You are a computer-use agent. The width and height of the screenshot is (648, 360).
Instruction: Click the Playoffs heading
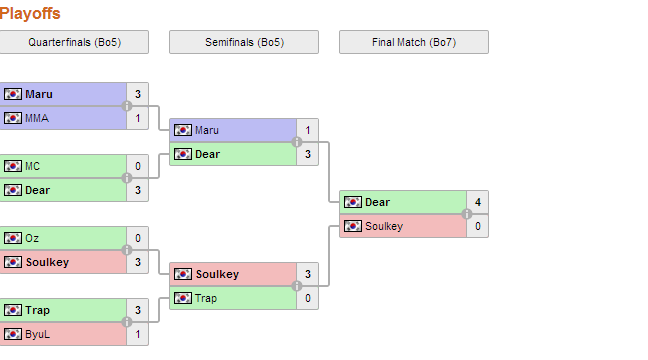click(30, 14)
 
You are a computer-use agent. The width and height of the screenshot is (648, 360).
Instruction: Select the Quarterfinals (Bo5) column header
click(74, 42)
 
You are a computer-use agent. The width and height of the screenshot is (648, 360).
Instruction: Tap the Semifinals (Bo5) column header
click(244, 42)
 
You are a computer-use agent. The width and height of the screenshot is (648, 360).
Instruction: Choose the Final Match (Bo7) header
click(414, 42)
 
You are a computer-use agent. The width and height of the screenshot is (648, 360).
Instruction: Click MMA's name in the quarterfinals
click(37, 118)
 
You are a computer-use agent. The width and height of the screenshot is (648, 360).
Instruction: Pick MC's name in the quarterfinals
click(32, 166)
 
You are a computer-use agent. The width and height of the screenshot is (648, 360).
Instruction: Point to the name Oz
click(32, 238)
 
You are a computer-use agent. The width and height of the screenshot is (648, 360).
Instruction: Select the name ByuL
click(37, 334)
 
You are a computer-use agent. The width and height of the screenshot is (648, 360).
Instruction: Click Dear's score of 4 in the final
click(478, 202)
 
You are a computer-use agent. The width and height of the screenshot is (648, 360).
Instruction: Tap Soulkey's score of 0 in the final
click(478, 226)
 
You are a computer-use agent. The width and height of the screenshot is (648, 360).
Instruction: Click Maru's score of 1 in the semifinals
click(307, 130)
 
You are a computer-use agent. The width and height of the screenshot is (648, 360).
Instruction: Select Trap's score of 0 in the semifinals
click(307, 298)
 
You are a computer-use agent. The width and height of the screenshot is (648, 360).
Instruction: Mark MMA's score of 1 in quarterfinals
click(138, 118)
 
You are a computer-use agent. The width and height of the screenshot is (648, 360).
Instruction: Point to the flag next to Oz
click(13, 238)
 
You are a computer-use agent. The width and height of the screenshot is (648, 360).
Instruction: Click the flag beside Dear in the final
click(353, 202)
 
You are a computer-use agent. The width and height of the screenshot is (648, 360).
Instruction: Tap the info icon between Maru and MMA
click(127, 106)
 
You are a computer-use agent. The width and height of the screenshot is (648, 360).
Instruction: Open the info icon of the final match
click(467, 214)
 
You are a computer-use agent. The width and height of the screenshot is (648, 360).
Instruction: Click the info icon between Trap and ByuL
click(127, 322)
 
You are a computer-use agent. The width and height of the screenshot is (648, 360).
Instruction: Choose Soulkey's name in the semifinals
click(217, 274)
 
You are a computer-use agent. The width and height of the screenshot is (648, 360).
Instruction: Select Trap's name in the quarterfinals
click(37, 310)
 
